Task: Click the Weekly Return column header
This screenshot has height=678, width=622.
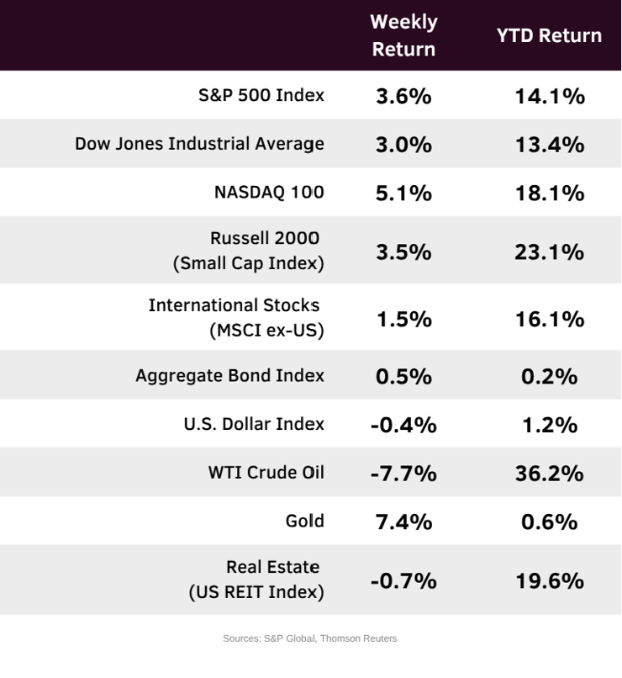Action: (403, 35)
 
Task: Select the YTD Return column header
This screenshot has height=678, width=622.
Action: (549, 35)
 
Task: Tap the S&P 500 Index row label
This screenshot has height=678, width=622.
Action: (261, 95)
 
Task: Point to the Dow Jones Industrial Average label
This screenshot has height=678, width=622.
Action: (199, 144)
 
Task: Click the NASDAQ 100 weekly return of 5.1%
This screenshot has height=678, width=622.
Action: (403, 193)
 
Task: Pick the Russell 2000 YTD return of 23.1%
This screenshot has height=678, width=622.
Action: (549, 252)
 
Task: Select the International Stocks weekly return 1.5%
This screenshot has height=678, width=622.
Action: (404, 320)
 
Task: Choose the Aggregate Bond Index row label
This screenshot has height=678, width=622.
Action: (229, 376)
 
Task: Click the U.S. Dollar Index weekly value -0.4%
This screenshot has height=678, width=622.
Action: (403, 425)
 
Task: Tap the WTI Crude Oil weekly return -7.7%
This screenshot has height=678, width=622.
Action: (403, 474)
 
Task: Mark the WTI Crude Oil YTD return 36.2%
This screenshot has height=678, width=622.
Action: (549, 474)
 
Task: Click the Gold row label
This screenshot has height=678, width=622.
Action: (304, 521)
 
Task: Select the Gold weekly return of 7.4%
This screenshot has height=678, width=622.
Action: (403, 522)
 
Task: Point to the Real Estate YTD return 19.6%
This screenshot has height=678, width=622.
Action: (550, 580)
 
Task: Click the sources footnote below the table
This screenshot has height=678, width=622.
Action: (309, 638)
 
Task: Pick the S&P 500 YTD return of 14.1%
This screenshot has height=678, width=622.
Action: (550, 96)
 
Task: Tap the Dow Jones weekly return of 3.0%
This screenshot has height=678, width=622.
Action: (403, 145)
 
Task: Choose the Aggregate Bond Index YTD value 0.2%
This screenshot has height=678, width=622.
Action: (549, 377)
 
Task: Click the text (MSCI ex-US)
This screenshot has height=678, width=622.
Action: (266, 331)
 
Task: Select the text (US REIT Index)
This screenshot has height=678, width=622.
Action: (256, 592)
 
